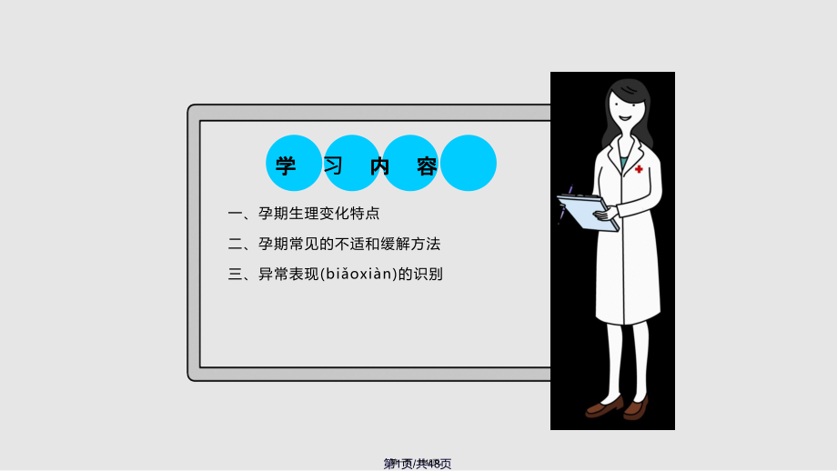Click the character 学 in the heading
[x=286, y=166]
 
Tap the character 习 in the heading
[x=334, y=166]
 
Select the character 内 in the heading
[x=380, y=166]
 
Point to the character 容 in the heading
[x=428, y=166]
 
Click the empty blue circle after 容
[x=469, y=163]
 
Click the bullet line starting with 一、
[x=303, y=214]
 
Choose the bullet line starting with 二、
[x=334, y=244]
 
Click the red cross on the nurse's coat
[x=639, y=169]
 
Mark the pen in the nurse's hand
[x=566, y=202]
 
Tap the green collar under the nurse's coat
[x=624, y=161]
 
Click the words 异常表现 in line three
[x=289, y=274]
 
